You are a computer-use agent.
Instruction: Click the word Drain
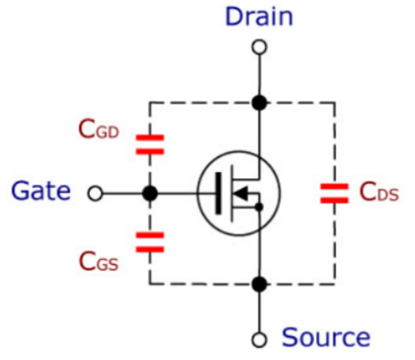pyautogui.click(x=259, y=17)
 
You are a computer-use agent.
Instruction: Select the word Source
pyautogui.click(x=325, y=336)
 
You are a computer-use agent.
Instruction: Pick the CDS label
pyautogui.click(x=377, y=193)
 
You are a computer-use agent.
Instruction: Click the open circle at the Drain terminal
pyautogui.click(x=259, y=46)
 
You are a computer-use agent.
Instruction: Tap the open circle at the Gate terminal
pyautogui.click(x=94, y=193)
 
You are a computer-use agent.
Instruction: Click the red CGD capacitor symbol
pyautogui.click(x=150, y=144)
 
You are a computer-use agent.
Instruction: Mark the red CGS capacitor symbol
pyautogui.click(x=150, y=240)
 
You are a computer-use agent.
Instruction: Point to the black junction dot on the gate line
pyautogui.click(x=150, y=193)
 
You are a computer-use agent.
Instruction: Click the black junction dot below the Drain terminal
pyautogui.click(x=259, y=102)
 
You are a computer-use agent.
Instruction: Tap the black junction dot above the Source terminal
pyautogui.click(x=259, y=285)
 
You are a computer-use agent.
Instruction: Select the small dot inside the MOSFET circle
pyautogui.click(x=259, y=207)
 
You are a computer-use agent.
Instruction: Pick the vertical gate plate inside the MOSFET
pyautogui.click(x=218, y=193)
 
